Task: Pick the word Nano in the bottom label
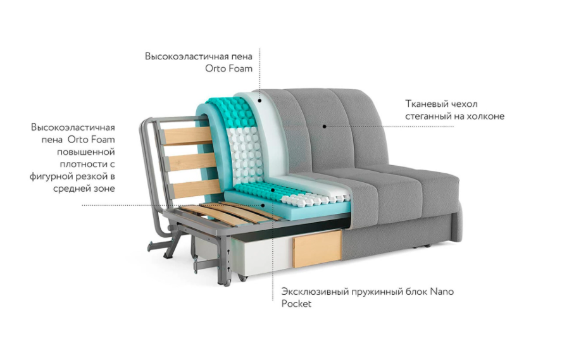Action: [x=442, y=292]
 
